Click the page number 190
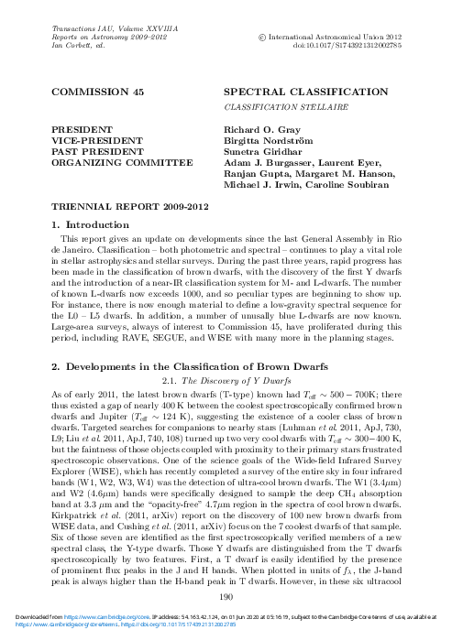226,597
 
